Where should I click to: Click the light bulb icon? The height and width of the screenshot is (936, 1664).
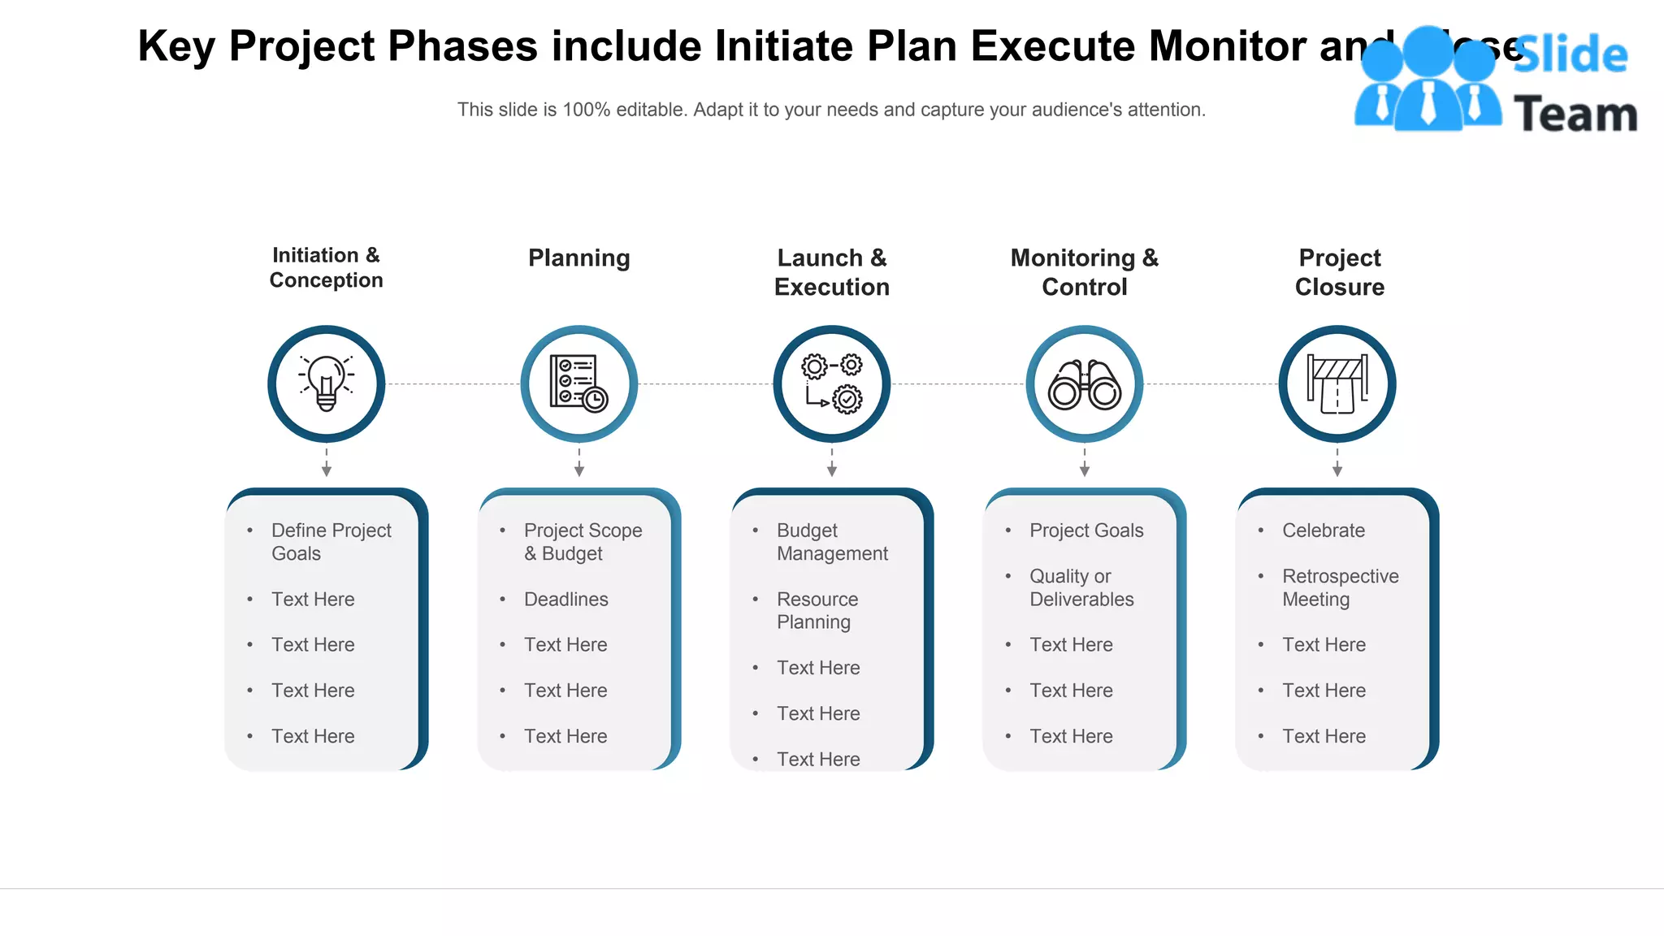coord(326,383)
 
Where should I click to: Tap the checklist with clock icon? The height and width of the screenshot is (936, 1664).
coord(578,383)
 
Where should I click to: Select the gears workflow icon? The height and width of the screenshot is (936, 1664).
coord(831,383)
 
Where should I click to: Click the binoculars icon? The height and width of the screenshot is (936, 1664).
coord(1084,384)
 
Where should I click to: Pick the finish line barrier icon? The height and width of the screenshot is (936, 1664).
coord(1337,383)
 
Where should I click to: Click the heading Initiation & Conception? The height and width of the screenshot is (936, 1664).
coord(326,267)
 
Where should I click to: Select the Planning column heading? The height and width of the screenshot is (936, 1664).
coord(578,258)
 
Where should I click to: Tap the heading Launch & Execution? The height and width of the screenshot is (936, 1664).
coord(831,272)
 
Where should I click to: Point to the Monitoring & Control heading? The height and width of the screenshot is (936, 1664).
coord(1084,272)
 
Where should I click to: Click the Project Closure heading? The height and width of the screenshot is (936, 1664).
coord(1339,272)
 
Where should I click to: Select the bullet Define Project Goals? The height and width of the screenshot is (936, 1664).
coord(331,541)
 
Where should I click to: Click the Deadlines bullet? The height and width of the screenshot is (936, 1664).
coord(565,599)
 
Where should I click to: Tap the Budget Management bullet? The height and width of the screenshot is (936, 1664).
coord(831,541)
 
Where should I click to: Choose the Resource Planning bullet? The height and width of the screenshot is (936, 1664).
coord(817,610)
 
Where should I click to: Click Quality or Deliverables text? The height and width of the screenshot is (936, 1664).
coord(1081,587)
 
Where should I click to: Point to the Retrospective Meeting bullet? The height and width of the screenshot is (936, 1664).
coord(1340,587)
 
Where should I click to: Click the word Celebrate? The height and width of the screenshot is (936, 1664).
coord(1323,530)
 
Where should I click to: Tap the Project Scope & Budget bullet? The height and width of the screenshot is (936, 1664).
coord(583,541)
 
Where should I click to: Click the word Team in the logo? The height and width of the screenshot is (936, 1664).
coord(1575,114)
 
